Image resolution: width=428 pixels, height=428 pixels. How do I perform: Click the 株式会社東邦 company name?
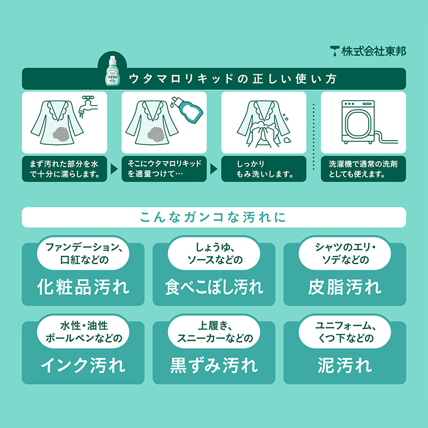[373, 51]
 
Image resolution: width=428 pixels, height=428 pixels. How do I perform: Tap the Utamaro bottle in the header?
[112, 71]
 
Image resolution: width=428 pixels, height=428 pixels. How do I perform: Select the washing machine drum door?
[358, 124]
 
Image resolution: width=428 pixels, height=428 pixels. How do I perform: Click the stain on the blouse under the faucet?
[61, 134]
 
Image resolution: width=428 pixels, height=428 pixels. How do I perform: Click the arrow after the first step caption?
[114, 169]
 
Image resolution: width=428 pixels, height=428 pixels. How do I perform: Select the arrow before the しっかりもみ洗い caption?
[213, 169]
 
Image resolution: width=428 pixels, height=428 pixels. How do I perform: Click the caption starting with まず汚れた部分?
[64, 169]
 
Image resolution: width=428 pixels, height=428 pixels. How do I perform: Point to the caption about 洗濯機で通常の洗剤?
[363, 169]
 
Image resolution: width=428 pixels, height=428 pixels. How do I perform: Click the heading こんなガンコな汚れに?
[213, 217]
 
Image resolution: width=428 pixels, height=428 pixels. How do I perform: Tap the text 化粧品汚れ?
[83, 287]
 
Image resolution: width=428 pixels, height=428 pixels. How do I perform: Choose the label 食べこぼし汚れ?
[214, 287]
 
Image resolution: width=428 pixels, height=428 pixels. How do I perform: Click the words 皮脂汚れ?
[345, 287]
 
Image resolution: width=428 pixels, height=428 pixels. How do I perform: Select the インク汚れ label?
[83, 365]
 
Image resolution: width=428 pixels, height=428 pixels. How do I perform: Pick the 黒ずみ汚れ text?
[214, 365]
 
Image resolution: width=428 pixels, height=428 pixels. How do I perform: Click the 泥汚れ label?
[345, 365]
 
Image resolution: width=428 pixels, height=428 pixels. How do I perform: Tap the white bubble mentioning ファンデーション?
[83, 253]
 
